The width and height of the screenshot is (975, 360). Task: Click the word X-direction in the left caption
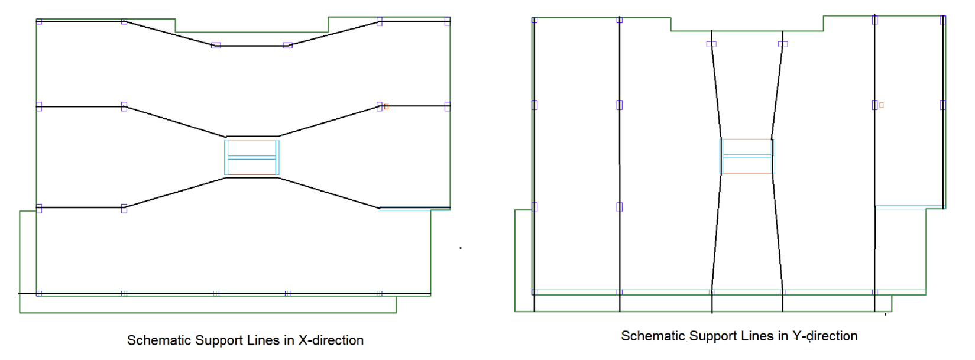pyautogui.click(x=331, y=340)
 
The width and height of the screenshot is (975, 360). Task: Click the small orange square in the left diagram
pyautogui.click(x=386, y=107)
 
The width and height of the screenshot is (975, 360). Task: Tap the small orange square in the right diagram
pyautogui.click(x=881, y=105)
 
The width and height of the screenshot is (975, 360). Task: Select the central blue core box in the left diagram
pyautogui.click(x=252, y=157)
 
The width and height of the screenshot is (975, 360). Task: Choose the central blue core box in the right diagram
pyautogui.click(x=747, y=156)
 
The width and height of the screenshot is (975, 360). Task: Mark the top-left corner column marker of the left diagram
pyautogui.click(x=39, y=22)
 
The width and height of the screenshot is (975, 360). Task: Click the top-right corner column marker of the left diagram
pyautogui.click(x=447, y=22)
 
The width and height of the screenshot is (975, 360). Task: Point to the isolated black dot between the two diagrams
pyautogui.click(x=461, y=248)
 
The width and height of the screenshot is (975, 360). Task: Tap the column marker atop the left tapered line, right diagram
pyautogui.click(x=711, y=44)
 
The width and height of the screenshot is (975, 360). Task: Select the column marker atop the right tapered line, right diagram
pyautogui.click(x=782, y=44)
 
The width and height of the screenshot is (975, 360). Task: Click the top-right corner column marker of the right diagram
pyautogui.click(x=942, y=20)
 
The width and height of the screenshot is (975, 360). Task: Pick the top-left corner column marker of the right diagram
pyautogui.click(x=535, y=20)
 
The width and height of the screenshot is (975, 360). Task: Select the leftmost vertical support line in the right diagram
pyautogui.click(x=535, y=166)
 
